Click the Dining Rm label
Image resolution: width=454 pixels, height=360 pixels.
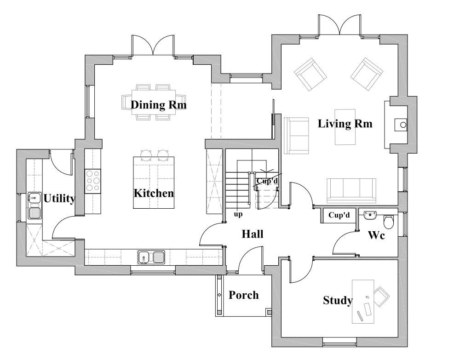click(158, 105)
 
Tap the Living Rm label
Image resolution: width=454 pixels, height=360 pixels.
click(345, 124)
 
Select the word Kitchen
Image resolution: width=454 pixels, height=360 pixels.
click(154, 193)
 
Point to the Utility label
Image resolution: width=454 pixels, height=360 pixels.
click(59, 199)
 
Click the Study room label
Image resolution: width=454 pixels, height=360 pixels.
click(338, 300)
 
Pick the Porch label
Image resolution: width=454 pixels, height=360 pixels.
click(243, 295)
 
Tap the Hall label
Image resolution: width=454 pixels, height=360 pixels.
click(253, 234)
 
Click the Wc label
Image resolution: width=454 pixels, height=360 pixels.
click(376, 235)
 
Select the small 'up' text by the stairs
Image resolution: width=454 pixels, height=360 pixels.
click(238, 215)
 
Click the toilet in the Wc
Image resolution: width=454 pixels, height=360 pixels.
click(389, 222)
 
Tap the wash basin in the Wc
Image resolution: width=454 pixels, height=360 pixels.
click(370, 216)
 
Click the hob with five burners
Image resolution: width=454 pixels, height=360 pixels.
click(92, 181)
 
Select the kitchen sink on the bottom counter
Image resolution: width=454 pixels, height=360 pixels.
click(151, 257)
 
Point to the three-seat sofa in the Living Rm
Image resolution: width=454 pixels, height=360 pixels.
click(351, 190)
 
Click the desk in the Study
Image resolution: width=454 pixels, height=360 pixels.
click(363, 301)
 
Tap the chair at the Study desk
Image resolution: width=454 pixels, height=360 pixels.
click(382, 297)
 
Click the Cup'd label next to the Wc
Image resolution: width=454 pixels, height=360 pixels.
click(339, 215)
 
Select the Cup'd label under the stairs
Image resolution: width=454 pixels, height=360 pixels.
click(267, 181)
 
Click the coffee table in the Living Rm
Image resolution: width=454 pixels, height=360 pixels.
click(345, 127)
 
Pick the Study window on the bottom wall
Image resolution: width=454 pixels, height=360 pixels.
click(339, 344)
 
